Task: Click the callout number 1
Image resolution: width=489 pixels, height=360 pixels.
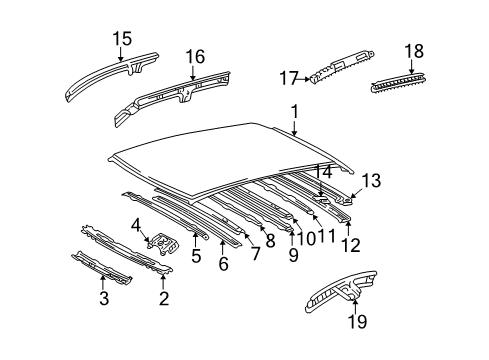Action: click(294, 113)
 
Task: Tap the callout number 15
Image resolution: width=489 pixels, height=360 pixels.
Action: click(122, 40)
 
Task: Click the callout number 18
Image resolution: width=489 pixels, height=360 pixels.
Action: click(413, 51)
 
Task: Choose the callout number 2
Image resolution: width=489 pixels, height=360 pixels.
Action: click(164, 297)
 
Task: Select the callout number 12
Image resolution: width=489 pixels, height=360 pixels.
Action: click(347, 245)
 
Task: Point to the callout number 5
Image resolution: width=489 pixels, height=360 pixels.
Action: click(196, 256)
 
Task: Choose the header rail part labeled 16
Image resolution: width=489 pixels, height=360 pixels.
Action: click(170, 96)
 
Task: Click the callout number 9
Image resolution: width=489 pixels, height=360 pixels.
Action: click(293, 256)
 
